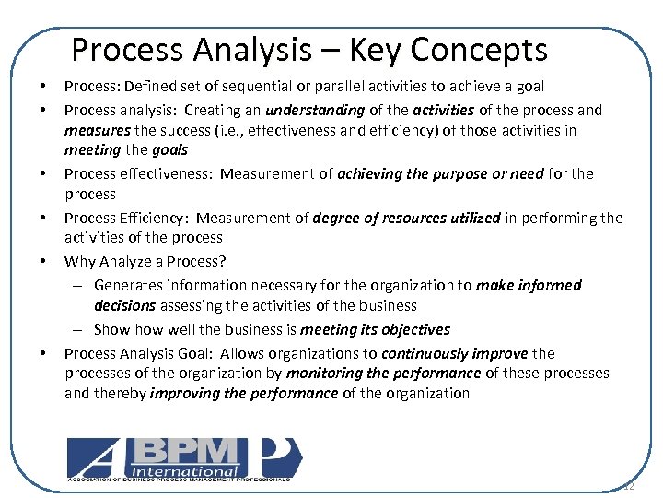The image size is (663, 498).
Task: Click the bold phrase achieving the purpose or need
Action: (x=440, y=173)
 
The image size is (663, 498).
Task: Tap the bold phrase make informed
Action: (x=529, y=285)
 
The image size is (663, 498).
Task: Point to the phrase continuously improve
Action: (x=455, y=353)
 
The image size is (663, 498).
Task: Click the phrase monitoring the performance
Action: (x=383, y=373)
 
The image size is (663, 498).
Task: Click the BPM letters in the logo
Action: (x=191, y=451)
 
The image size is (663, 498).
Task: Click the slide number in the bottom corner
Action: (x=629, y=486)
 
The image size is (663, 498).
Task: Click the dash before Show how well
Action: (x=81, y=329)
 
